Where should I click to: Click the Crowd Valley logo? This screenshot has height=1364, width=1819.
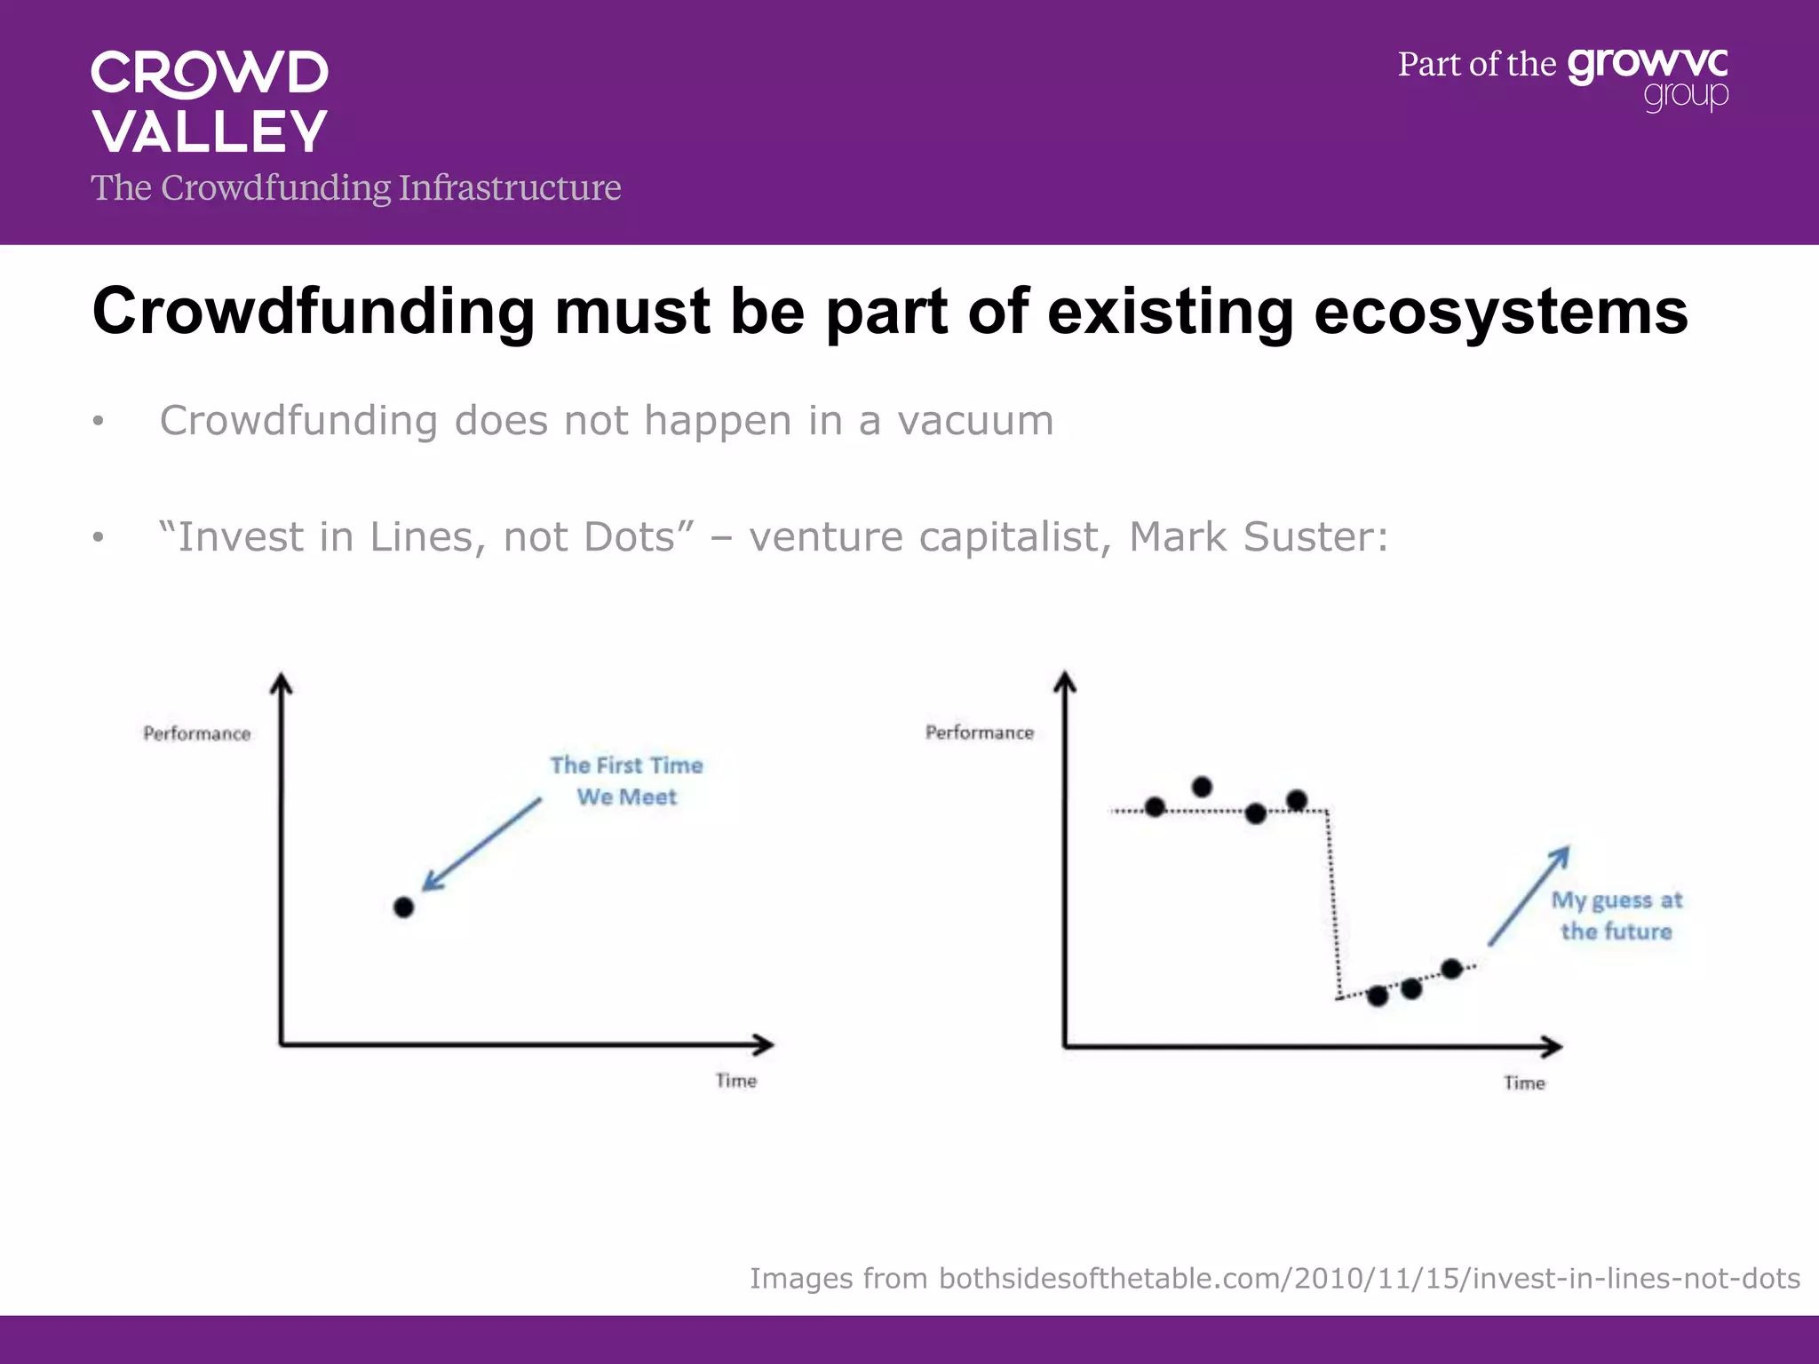click(x=210, y=101)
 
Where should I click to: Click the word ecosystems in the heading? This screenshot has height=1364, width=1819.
click(x=1500, y=312)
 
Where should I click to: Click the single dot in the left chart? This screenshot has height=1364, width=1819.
click(x=403, y=908)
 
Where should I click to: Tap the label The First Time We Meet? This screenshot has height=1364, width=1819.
click(x=626, y=781)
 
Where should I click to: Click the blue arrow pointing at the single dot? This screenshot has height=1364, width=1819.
click(x=481, y=844)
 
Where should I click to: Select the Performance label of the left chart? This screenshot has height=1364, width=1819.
click(x=197, y=734)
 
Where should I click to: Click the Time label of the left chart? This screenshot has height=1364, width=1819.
click(x=736, y=1081)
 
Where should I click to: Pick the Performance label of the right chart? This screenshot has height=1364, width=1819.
click(x=980, y=733)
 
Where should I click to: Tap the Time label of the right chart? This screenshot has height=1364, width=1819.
click(x=1524, y=1083)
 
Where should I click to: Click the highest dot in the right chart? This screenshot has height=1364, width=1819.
click(x=1202, y=787)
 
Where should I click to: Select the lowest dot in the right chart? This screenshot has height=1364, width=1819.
click(x=1378, y=996)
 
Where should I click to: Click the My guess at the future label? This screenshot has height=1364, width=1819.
click(x=1616, y=916)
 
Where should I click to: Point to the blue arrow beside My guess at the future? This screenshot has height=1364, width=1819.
click(x=1528, y=896)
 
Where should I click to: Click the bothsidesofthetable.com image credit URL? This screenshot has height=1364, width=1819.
click(x=1369, y=1278)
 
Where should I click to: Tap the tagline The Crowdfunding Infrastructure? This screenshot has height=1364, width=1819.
click(x=355, y=187)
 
